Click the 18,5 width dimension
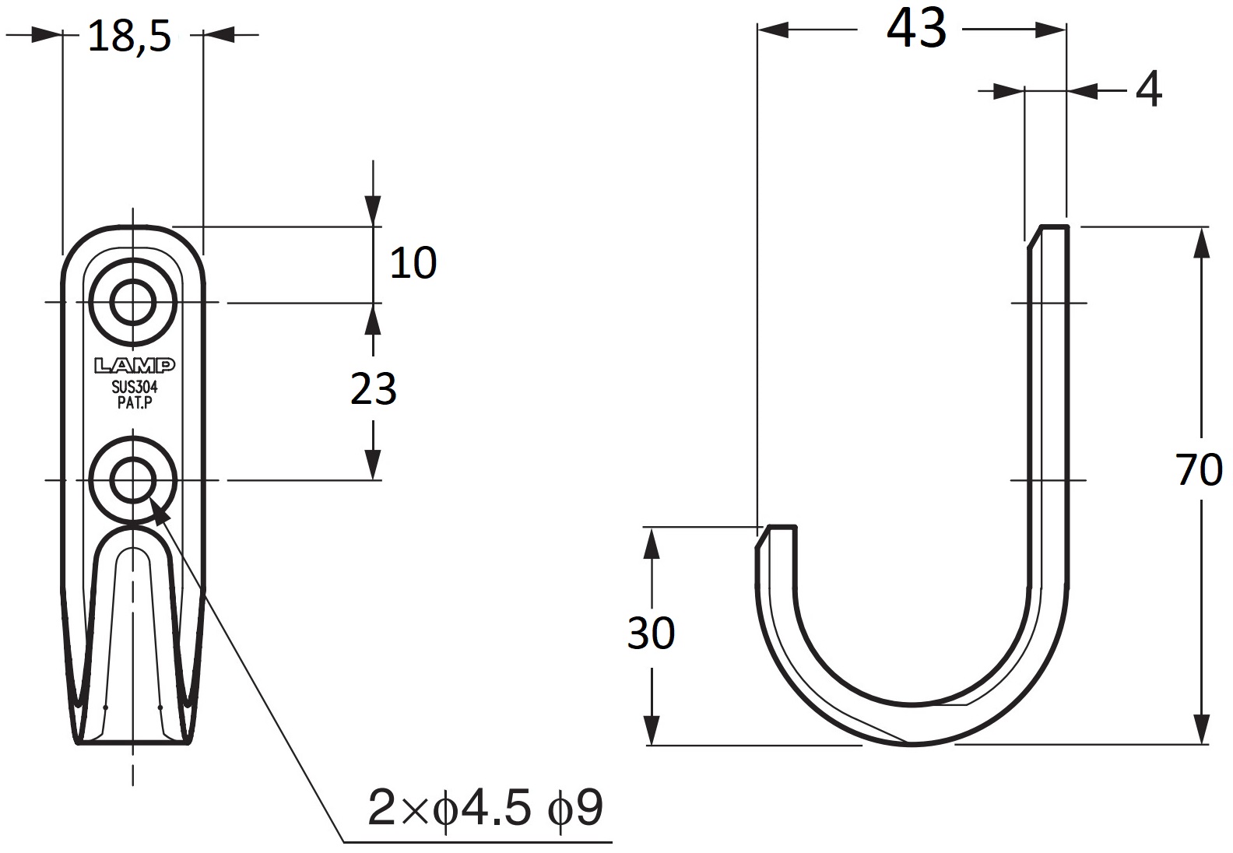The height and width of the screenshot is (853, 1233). (x=128, y=37)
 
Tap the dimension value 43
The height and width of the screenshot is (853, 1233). (x=916, y=30)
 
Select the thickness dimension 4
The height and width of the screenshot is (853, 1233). (x=1148, y=90)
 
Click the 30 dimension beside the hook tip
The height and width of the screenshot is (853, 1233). (x=651, y=634)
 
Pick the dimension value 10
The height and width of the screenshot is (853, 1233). (x=413, y=263)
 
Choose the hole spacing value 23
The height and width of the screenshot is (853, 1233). (x=374, y=389)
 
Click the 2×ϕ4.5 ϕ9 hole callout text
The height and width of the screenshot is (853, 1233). (x=486, y=809)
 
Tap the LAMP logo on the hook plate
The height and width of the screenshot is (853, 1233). (x=134, y=365)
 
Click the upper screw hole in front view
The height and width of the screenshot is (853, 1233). (x=132, y=301)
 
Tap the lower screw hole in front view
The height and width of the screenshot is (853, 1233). (x=132, y=480)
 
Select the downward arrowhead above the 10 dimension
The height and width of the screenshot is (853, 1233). (x=374, y=211)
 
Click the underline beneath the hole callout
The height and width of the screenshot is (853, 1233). (x=478, y=842)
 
